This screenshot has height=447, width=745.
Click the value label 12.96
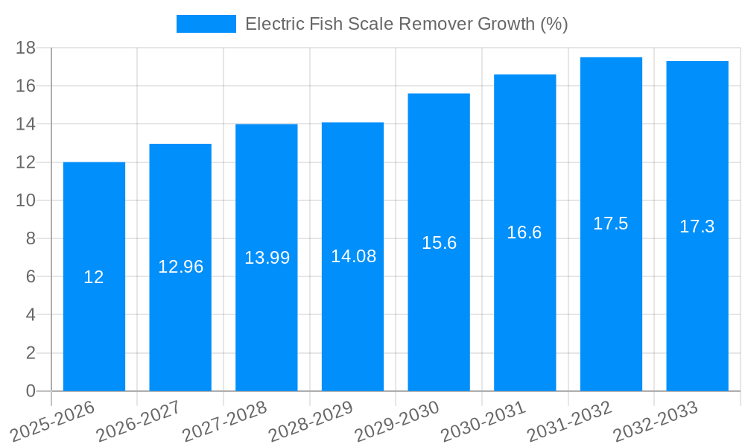(180, 267)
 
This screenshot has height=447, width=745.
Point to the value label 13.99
(267, 258)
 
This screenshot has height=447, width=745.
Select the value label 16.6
(524, 232)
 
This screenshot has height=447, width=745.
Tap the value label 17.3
(697, 226)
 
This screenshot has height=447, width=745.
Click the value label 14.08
(353, 256)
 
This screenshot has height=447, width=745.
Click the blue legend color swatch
(206, 24)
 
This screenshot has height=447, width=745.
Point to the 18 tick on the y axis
(26, 48)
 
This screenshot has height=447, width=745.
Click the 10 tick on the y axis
(26, 200)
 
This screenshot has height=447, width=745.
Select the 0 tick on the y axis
(31, 391)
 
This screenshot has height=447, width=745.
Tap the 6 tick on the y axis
(31, 276)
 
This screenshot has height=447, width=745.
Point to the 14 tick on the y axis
(26, 124)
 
